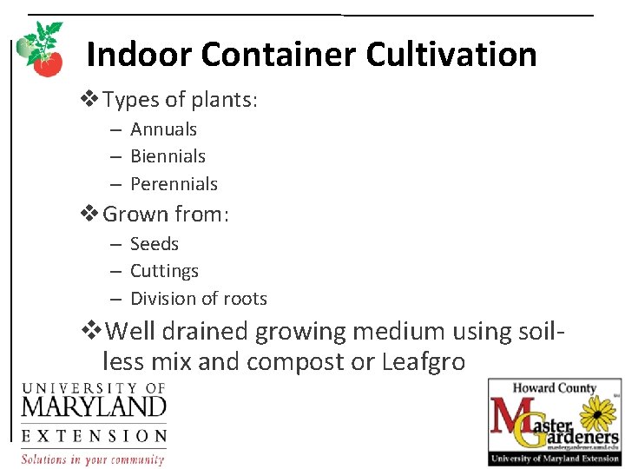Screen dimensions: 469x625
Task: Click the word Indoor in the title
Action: (139, 55)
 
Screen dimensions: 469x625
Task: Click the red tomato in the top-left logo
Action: (49, 63)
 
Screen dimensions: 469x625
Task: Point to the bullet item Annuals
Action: (163, 129)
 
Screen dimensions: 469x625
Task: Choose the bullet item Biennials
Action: (168, 156)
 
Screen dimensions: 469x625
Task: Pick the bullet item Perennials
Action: (174, 184)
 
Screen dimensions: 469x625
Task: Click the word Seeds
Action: (155, 244)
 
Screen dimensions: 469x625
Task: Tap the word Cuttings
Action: (164, 271)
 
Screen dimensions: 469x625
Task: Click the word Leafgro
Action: (424, 361)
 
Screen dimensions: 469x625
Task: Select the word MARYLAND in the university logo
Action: (94, 406)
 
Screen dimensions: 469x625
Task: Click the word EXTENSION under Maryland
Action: (94, 436)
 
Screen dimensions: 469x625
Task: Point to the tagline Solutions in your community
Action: (93, 459)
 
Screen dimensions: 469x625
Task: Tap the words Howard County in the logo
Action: (554, 388)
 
